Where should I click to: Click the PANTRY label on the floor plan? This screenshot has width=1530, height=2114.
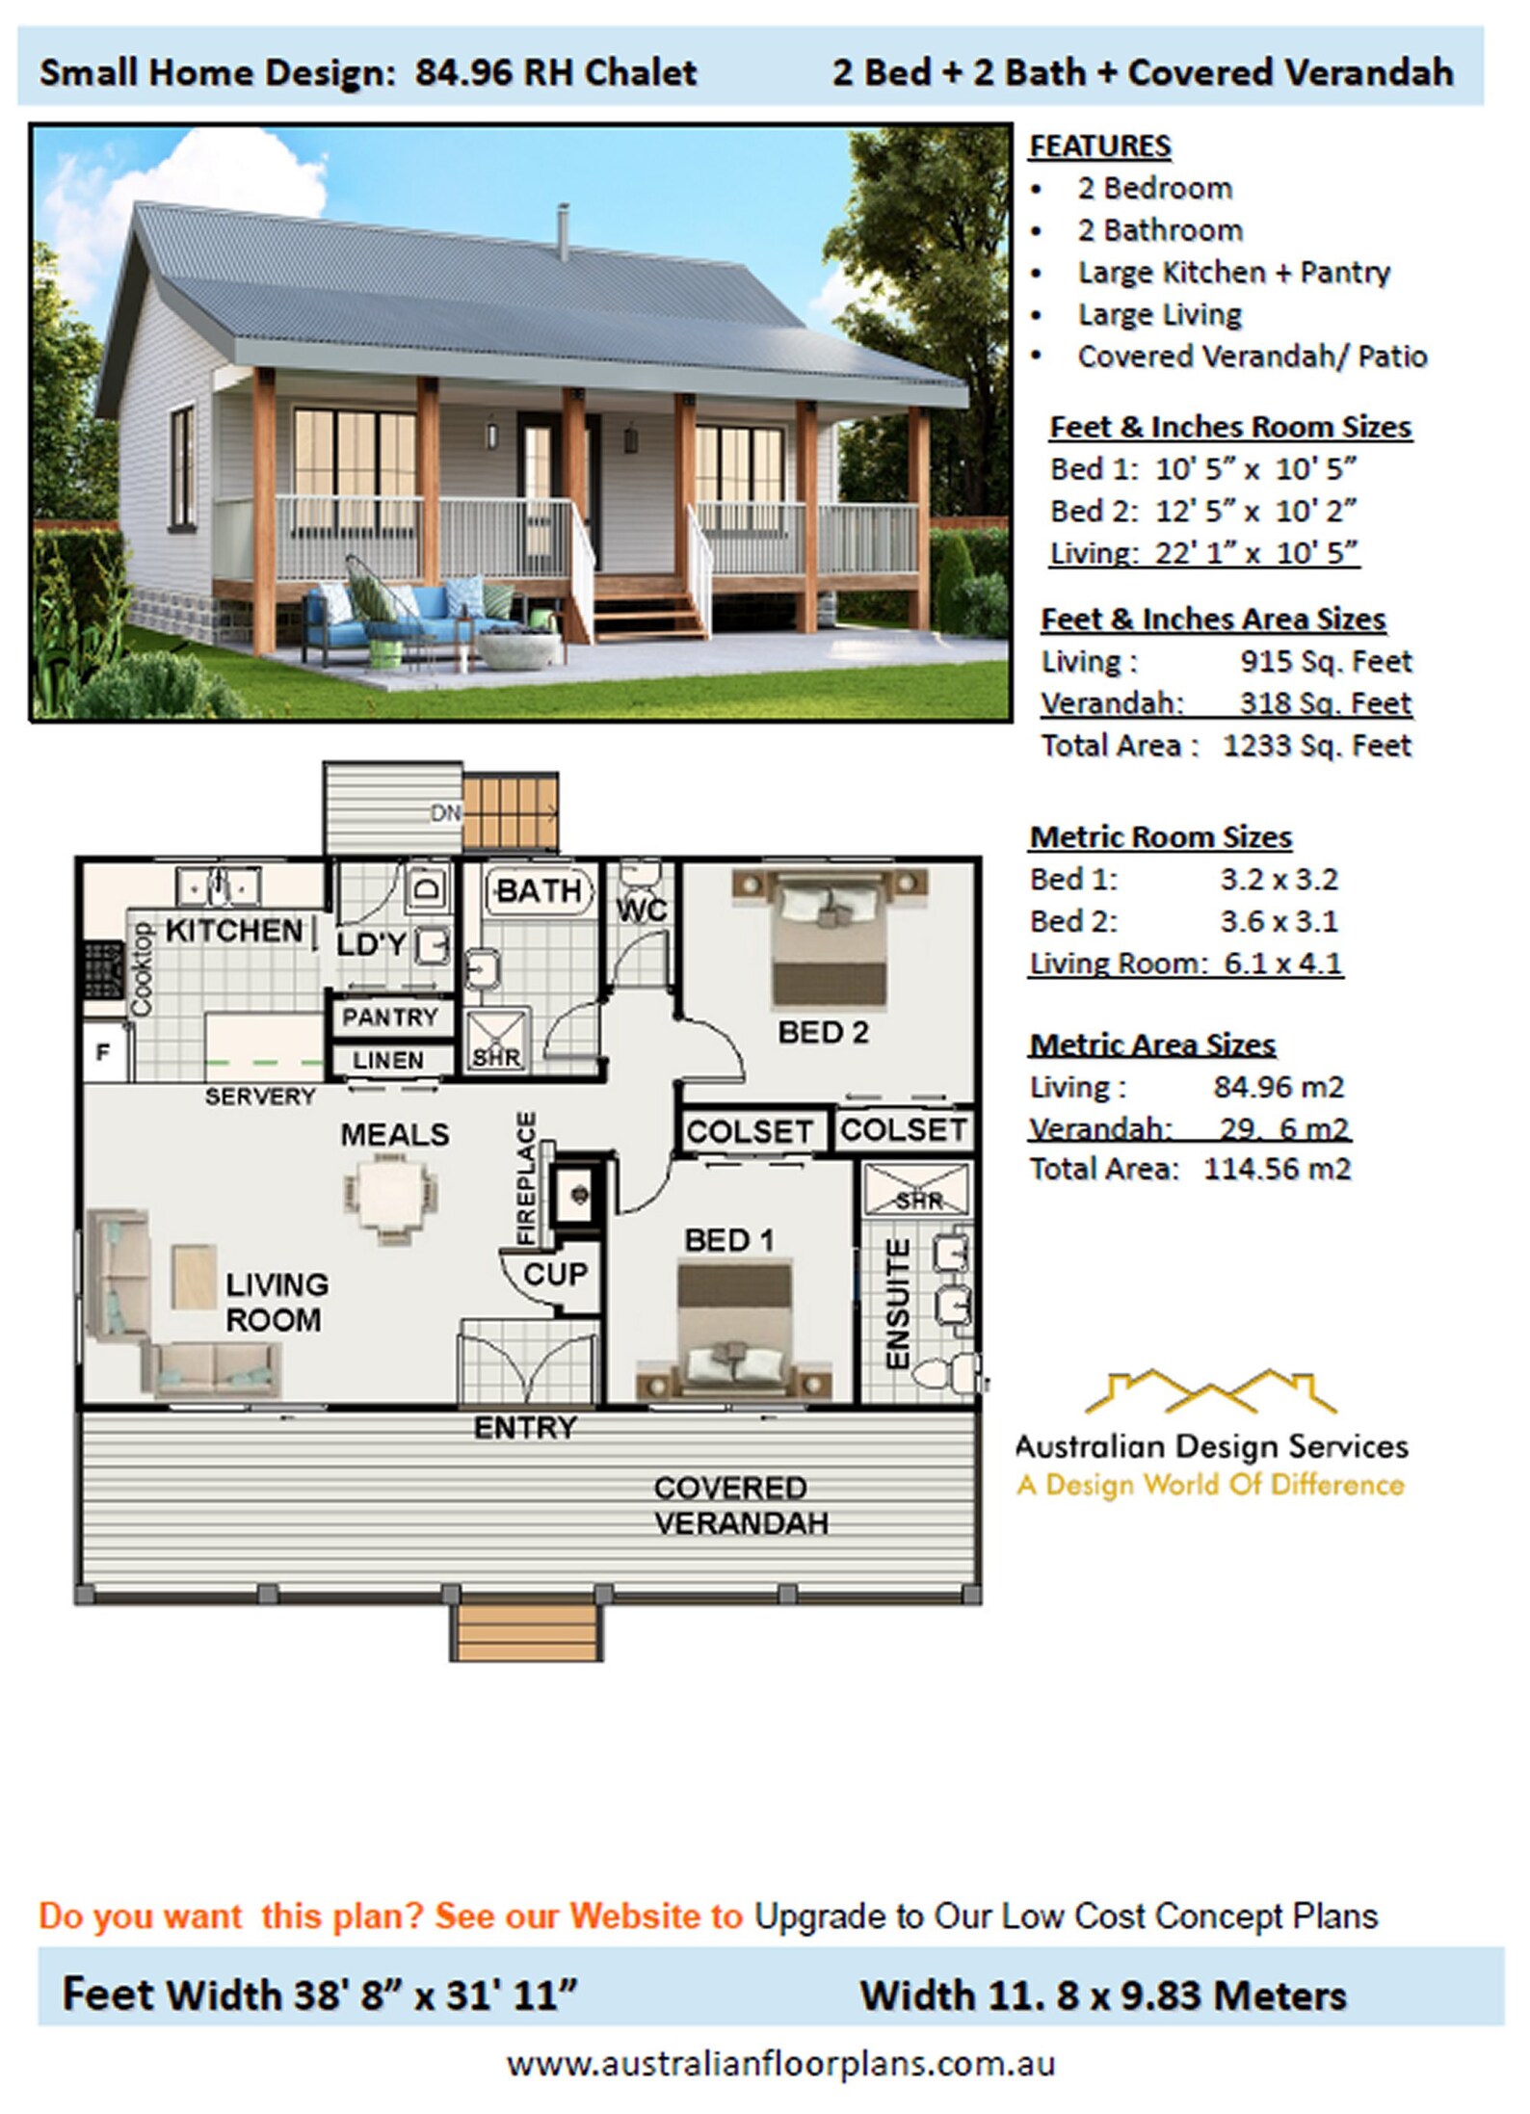(389, 1017)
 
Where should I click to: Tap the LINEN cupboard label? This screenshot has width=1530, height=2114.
(387, 1060)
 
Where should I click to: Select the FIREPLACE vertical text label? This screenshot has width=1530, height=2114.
(526, 1177)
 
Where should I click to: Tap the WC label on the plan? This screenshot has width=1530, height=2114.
(642, 910)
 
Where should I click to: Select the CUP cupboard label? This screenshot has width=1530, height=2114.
(555, 1274)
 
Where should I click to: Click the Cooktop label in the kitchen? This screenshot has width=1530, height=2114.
(142, 968)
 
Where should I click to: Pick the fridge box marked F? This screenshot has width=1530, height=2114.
(103, 1052)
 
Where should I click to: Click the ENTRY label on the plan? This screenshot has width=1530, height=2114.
(525, 1427)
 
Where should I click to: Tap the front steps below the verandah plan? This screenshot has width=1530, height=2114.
(526, 1629)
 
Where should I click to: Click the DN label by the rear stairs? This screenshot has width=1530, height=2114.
(445, 813)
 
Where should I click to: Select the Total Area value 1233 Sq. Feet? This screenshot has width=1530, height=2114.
(1316, 746)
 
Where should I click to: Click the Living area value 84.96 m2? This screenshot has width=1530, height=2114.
(1278, 1087)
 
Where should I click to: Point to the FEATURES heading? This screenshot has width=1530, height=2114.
(1099, 145)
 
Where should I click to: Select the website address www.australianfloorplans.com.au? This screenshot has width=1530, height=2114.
(780, 2064)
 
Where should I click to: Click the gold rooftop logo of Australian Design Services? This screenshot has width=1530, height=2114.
(1210, 1391)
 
